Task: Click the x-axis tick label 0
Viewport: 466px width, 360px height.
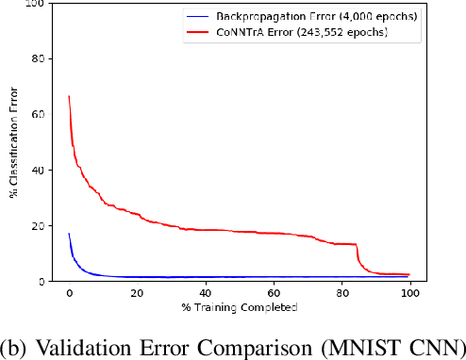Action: point(69,293)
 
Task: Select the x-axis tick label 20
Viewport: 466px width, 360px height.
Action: point(137,293)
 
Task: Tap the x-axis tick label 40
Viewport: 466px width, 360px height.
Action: point(205,293)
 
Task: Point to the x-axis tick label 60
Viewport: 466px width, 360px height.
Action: point(273,293)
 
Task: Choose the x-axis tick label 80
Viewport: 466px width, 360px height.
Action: point(341,293)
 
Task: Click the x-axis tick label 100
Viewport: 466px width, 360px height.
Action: point(408,293)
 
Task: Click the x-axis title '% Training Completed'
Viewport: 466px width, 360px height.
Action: point(239,306)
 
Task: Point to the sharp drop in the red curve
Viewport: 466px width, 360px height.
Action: point(358,256)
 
